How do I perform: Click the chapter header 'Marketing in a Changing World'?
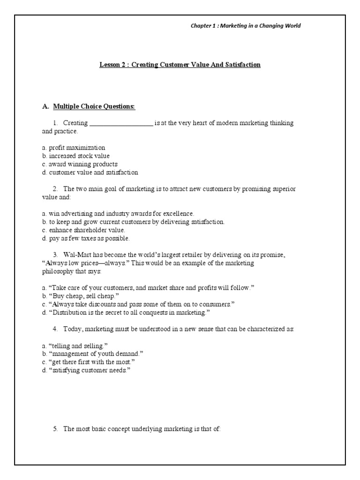click(245, 26)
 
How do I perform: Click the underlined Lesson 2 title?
click(180, 65)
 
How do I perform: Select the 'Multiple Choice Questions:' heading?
click(94, 107)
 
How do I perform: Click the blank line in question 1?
click(121, 123)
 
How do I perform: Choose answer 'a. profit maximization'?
click(74, 148)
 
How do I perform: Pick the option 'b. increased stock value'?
click(75, 156)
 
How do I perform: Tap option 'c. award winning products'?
click(79, 164)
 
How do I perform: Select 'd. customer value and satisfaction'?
click(90, 172)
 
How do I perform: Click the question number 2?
click(55, 189)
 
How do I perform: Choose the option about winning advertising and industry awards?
click(118, 213)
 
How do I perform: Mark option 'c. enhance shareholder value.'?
click(83, 230)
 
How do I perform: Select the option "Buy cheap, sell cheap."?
click(80, 296)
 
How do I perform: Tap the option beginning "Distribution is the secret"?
click(126, 312)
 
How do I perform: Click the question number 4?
click(55, 329)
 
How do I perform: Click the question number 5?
click(55, 428)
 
